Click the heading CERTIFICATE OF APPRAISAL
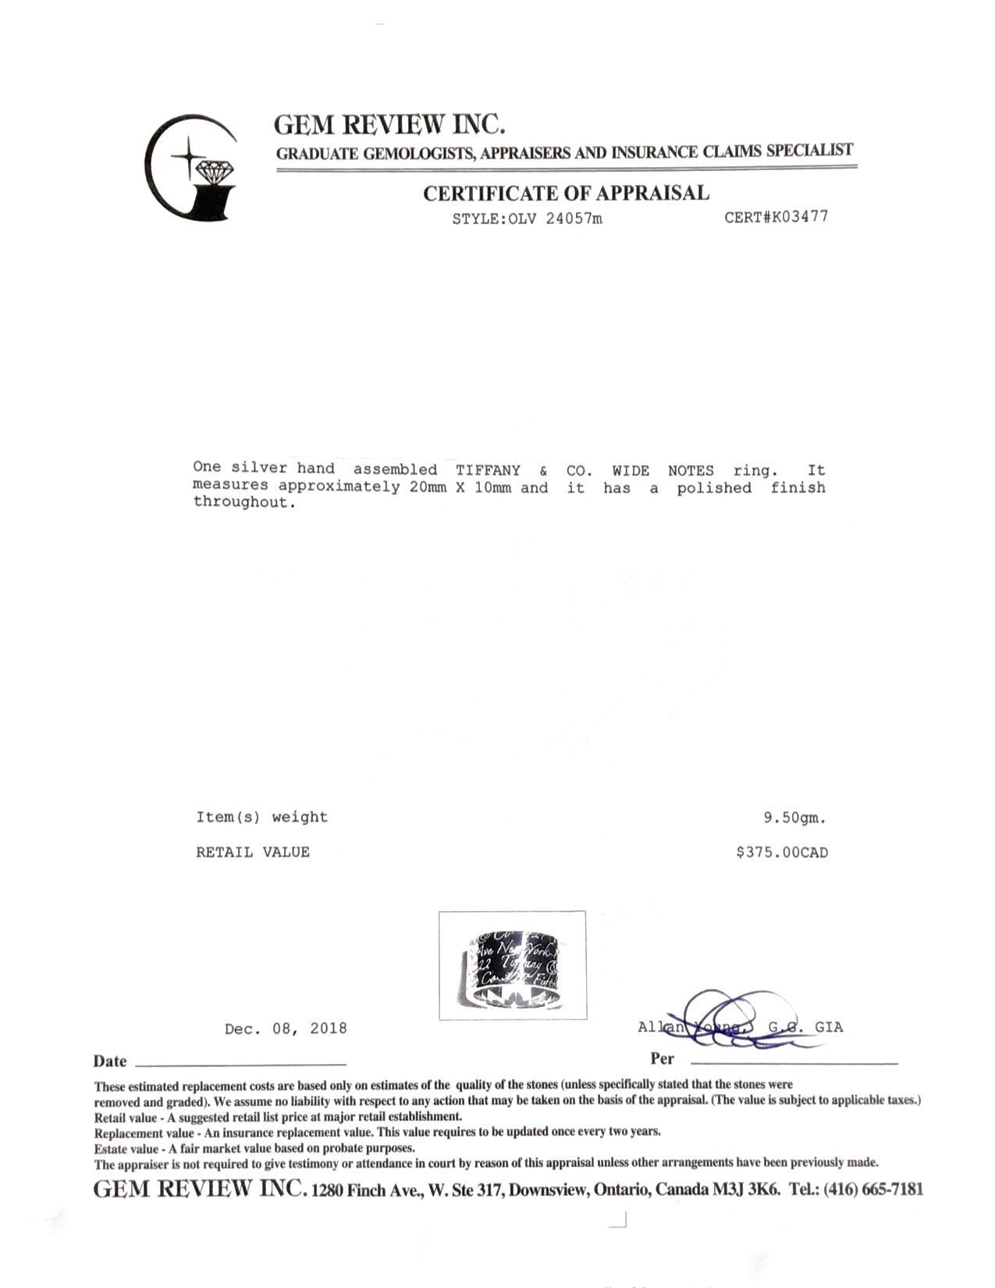point(566,193)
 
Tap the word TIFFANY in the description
point(488,470)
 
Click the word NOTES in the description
point(691,470)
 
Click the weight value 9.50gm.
point(794,818)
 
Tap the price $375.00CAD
point(782,852)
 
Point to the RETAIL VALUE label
point(253,852)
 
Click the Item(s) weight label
point(262,817)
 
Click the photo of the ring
point(512,965)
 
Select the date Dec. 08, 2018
point(286,1029)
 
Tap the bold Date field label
point(110,1061)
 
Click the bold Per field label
point(662,1059)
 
